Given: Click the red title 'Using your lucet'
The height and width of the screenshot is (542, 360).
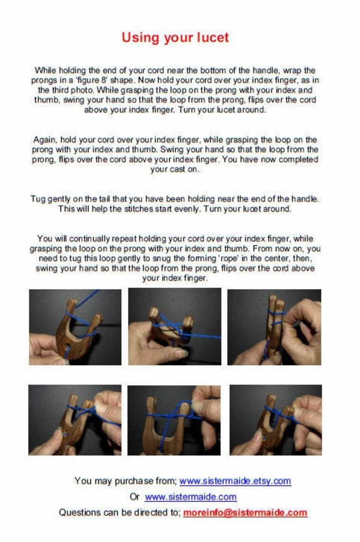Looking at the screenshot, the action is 175,38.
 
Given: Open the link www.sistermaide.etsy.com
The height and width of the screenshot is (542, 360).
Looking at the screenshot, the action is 235,481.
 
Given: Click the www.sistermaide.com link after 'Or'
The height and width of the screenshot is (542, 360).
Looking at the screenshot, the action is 191,497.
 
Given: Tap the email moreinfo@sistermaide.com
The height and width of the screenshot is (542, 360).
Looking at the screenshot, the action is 245,512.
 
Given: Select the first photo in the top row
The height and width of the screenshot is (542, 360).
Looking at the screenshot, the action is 75,327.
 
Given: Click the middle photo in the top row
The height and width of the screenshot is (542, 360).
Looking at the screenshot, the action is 174,326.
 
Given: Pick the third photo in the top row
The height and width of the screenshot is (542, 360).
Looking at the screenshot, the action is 274,327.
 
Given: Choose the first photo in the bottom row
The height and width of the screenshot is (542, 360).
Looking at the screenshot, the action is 75,420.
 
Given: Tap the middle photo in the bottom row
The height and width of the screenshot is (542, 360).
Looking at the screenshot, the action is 174,420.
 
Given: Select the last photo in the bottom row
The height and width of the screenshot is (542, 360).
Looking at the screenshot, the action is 276,420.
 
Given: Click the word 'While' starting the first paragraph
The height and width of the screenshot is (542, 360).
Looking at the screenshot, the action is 45,71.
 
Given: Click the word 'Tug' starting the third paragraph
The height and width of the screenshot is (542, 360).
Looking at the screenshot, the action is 37,199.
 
